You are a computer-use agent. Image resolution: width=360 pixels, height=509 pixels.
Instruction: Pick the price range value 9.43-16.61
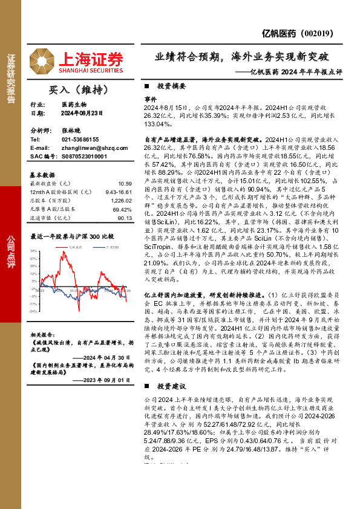pos(119,191)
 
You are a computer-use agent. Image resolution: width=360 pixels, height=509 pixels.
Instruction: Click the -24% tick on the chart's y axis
pos(34,311)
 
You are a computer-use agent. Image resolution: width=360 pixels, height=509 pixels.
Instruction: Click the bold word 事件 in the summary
pos(150,98)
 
